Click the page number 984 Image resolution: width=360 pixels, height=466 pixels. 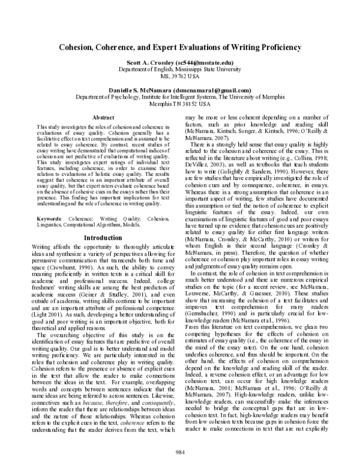pyautogui.click(x=179, y=451)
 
